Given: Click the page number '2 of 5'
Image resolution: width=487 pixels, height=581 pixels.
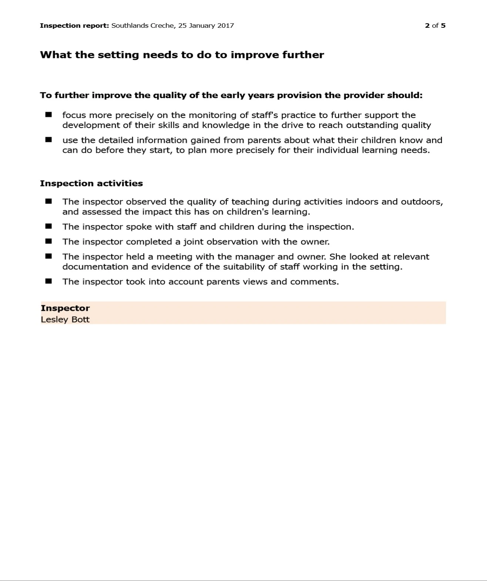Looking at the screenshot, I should [435, 26].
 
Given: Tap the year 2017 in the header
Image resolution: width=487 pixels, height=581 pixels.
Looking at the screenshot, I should [226, 26].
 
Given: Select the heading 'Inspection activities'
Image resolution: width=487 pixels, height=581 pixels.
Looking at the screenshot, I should [91, 184].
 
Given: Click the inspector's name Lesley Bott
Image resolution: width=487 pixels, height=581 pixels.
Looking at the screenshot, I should [65, 319].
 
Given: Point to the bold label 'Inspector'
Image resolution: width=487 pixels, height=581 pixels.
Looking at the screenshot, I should [65, 308].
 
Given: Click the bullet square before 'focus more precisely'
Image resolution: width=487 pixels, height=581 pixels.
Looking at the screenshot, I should [48, 115].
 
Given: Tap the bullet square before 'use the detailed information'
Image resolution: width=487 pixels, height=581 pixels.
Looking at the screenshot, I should [48, 140].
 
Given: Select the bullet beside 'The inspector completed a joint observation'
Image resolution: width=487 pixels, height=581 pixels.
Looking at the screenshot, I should [48, 241].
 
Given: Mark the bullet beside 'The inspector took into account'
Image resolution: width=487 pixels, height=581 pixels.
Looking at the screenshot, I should [48, 281].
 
